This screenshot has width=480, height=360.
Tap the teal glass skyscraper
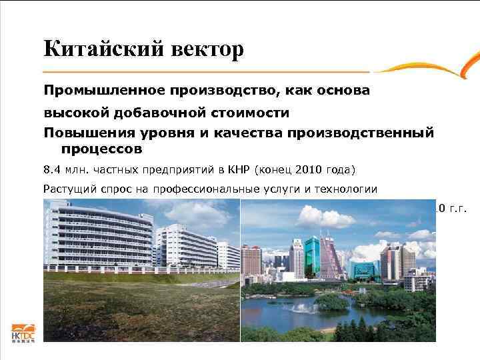(x=296, y=255)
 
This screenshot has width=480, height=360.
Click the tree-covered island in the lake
(x=333, y=301)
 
